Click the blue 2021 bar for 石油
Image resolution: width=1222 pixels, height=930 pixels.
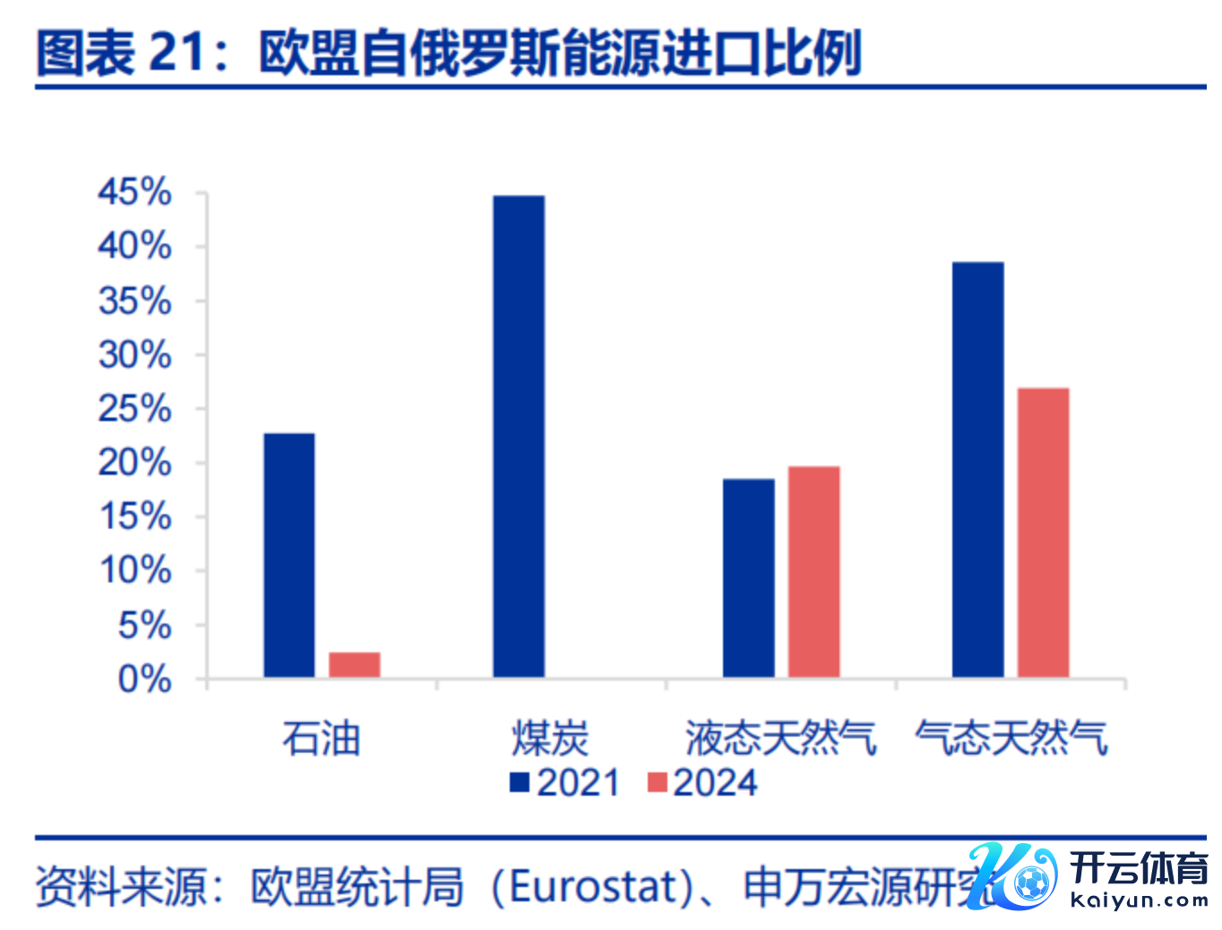coord(288,555)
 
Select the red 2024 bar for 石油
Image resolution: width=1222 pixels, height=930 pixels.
coord(354,664)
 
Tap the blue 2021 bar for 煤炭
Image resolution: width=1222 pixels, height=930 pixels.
coord(518,435)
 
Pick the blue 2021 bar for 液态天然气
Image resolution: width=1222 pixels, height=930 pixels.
coord(748,577)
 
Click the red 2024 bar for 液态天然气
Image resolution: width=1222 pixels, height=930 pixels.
coord(813,571)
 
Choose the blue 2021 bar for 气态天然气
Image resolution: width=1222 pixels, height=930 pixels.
coord(977,469)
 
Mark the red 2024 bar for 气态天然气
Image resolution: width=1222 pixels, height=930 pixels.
coord(1043,531)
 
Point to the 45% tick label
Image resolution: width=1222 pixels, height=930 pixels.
coord(134,192)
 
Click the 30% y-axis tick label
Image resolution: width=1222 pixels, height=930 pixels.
coord(134,355)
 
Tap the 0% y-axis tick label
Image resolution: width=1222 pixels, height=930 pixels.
coord(144,679)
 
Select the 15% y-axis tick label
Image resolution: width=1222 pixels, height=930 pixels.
coord(134,517)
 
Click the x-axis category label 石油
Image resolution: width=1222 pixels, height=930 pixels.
coord(321,739)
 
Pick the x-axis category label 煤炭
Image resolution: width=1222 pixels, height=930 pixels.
coord(550,739)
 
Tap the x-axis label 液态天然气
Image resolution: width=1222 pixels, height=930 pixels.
coord(780,739)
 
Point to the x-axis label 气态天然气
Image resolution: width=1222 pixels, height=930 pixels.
coord(1011,739)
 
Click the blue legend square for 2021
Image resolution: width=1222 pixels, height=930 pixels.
coord(520,782)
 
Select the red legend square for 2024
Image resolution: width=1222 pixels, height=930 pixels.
coord(657,782)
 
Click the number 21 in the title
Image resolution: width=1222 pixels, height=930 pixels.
coord(176,52)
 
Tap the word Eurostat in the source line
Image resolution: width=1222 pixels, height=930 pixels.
coord(592,887)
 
